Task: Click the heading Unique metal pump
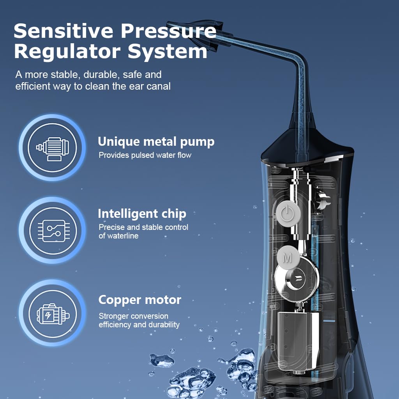coord(156,142)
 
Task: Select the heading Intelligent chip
coord(142,214)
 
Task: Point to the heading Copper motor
coord(139,300)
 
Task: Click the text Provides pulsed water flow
coord(145,155)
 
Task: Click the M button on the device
coord(288,257)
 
